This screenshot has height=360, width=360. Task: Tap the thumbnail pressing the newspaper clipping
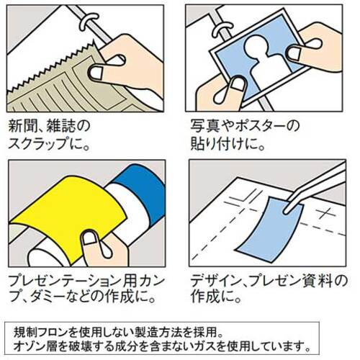click(x=96, y=73)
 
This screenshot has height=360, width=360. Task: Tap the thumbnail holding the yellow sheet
click(x=89, y=238)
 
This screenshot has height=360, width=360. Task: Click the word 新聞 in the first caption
click(x=23, y=126)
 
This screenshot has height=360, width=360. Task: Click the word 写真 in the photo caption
click(x=205, y=126)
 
